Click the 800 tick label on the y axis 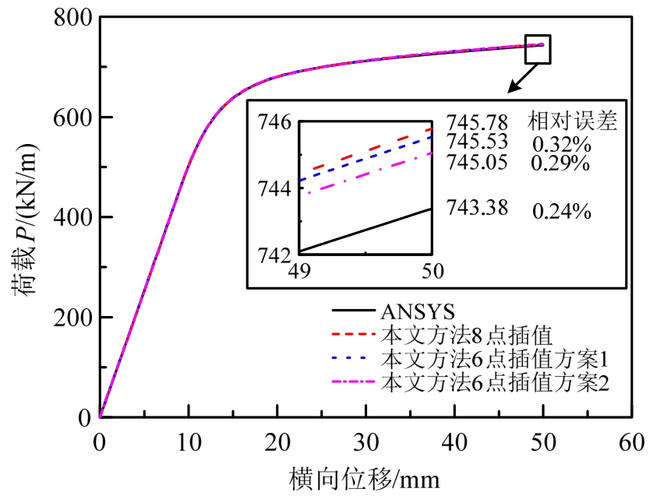(72, 17)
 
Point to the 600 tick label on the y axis (72, 118)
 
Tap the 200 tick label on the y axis (72, 318)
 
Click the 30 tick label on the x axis (364, 441)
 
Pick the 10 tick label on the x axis (187, 441)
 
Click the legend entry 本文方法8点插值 (466, 336)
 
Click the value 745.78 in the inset (477, 123)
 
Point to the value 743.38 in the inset (477, 208)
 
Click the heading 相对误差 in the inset (572, 122)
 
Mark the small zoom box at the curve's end (538, 48)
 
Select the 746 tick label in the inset (274, 122)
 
